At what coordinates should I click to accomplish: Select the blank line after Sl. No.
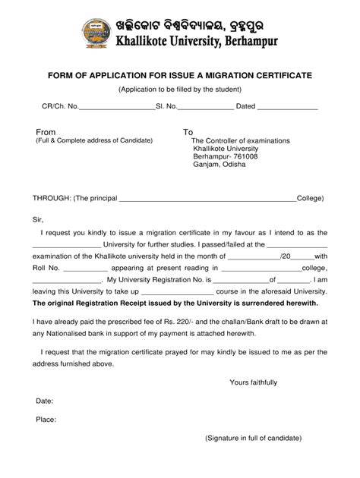coord(206,108)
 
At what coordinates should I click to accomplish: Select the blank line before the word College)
coord(207,199)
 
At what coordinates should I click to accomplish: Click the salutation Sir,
coord(38,218)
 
